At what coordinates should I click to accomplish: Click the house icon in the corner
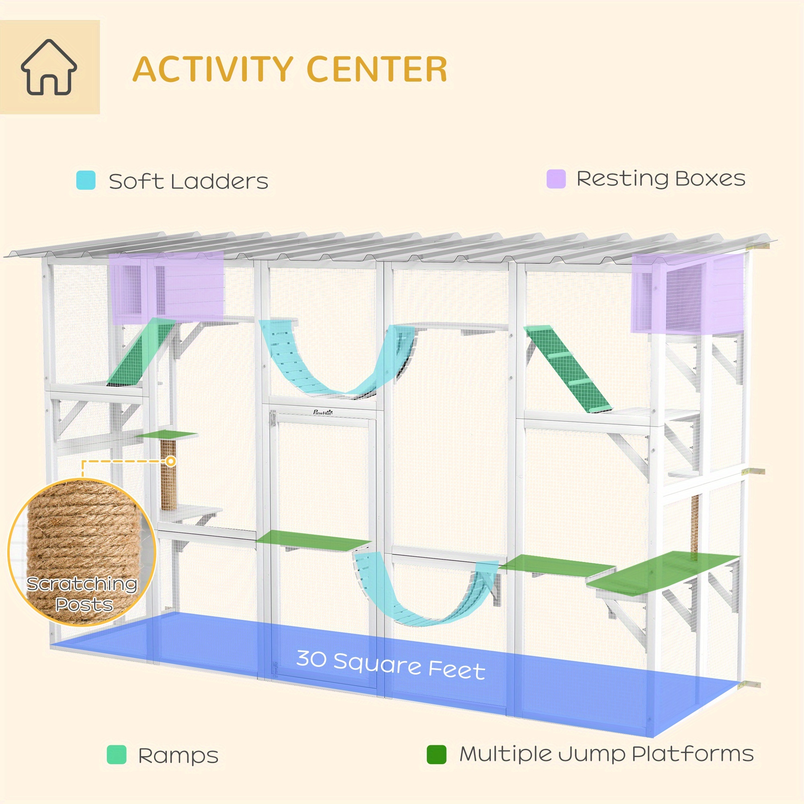pos(49,67)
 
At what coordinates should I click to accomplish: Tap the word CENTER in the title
pos(377,69)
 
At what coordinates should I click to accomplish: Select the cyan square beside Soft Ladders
pos(86,180)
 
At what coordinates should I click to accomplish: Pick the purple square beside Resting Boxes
pos(556,179)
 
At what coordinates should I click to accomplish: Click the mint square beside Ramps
pos(117,755)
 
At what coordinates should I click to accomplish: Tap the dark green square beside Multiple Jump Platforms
pos(437,755)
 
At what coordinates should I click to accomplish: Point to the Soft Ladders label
pos(189,181)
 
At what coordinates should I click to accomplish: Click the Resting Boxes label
pos(661,179)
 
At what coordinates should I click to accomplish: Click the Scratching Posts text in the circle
pos(82,594)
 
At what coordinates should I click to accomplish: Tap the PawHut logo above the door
pos(323,412)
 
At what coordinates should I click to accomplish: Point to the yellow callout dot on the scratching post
pos(170,461)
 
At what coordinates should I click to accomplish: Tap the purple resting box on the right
pos(687,293)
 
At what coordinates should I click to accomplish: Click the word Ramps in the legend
pos(178,756)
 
